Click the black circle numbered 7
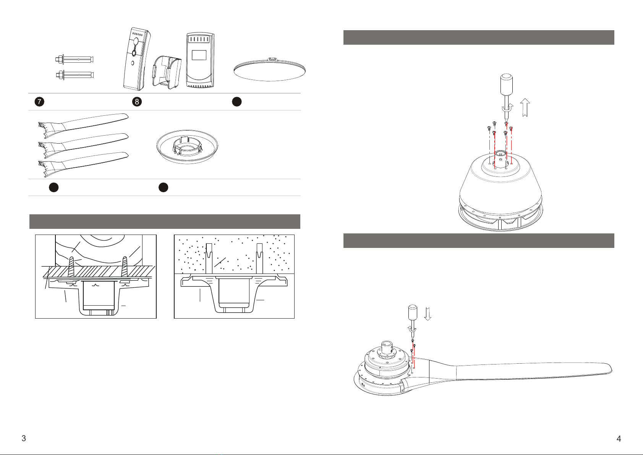tap(39, 102)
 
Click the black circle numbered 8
tap(137, 102)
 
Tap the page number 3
tap(24, 438)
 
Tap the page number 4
tap(619, 439)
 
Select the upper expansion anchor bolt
tap(75, 60)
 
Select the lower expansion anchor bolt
tap(75, 75)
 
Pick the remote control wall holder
tap(167, 72)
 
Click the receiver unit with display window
tap(200, 60)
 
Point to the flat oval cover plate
tap(270, 70)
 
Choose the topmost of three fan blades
tap(83, 125)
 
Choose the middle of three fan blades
tap(83, 145)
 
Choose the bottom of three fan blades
tap(83, 165)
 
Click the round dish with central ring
tap(187, 147)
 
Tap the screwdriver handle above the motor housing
tap(506, 84)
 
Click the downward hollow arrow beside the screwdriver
tap(428, 314)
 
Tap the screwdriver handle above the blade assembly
tap(413, 313)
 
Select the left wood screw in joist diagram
tap(71, 267)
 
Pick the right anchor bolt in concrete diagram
tap(259, 258)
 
